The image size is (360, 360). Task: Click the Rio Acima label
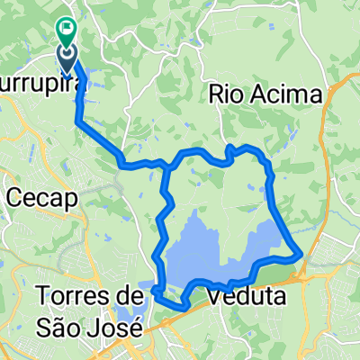pyautogui.click(x=265, y=94)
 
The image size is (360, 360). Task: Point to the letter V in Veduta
pyautogui.click(x=212, y=295)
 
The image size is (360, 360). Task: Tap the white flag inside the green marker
pyautogui.click(x=68, y=28)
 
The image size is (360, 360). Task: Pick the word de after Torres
pyautogui.click(x=132, y=295)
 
